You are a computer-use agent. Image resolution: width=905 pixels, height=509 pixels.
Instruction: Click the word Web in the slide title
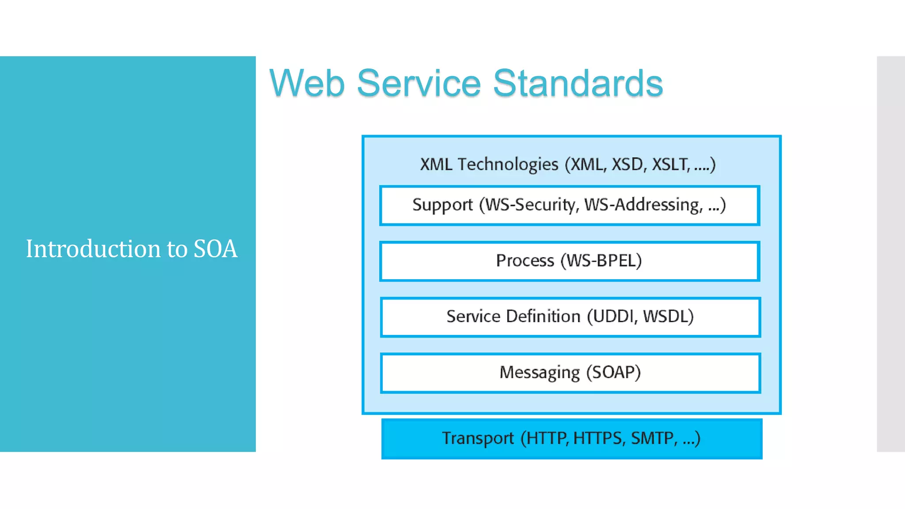click(x=307, y=83)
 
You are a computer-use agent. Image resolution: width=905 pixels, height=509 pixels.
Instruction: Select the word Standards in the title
click(x=578, y=83)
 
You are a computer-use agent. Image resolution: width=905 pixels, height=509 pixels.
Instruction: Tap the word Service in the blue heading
click(x=418, y=83)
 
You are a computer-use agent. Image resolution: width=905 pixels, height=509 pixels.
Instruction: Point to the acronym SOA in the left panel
click(x=215, y=249)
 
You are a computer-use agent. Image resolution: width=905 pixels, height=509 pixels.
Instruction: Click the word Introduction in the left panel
click(x=93, y=249)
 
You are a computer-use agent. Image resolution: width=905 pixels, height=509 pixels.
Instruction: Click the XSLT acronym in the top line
click(x=670, y=164)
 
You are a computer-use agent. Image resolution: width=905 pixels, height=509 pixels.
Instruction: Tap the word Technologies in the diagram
click(x=508, y=164)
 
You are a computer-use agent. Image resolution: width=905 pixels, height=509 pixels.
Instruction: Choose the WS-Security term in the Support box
click(x=532, y=205)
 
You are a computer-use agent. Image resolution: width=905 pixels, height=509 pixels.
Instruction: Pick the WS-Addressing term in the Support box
click(x=643, y=205)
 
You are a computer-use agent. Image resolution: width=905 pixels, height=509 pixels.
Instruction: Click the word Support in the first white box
click(x=442, y=205)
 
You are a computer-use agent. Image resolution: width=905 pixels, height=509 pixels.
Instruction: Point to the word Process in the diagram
click(x=525, y=261)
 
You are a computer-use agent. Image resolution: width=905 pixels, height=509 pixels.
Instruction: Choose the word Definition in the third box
click(x=543, y=316)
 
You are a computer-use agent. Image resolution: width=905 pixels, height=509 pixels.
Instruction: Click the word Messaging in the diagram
click(x=540, y=372)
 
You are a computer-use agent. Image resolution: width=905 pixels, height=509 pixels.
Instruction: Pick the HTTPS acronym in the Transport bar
click(x=598, y=438)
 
